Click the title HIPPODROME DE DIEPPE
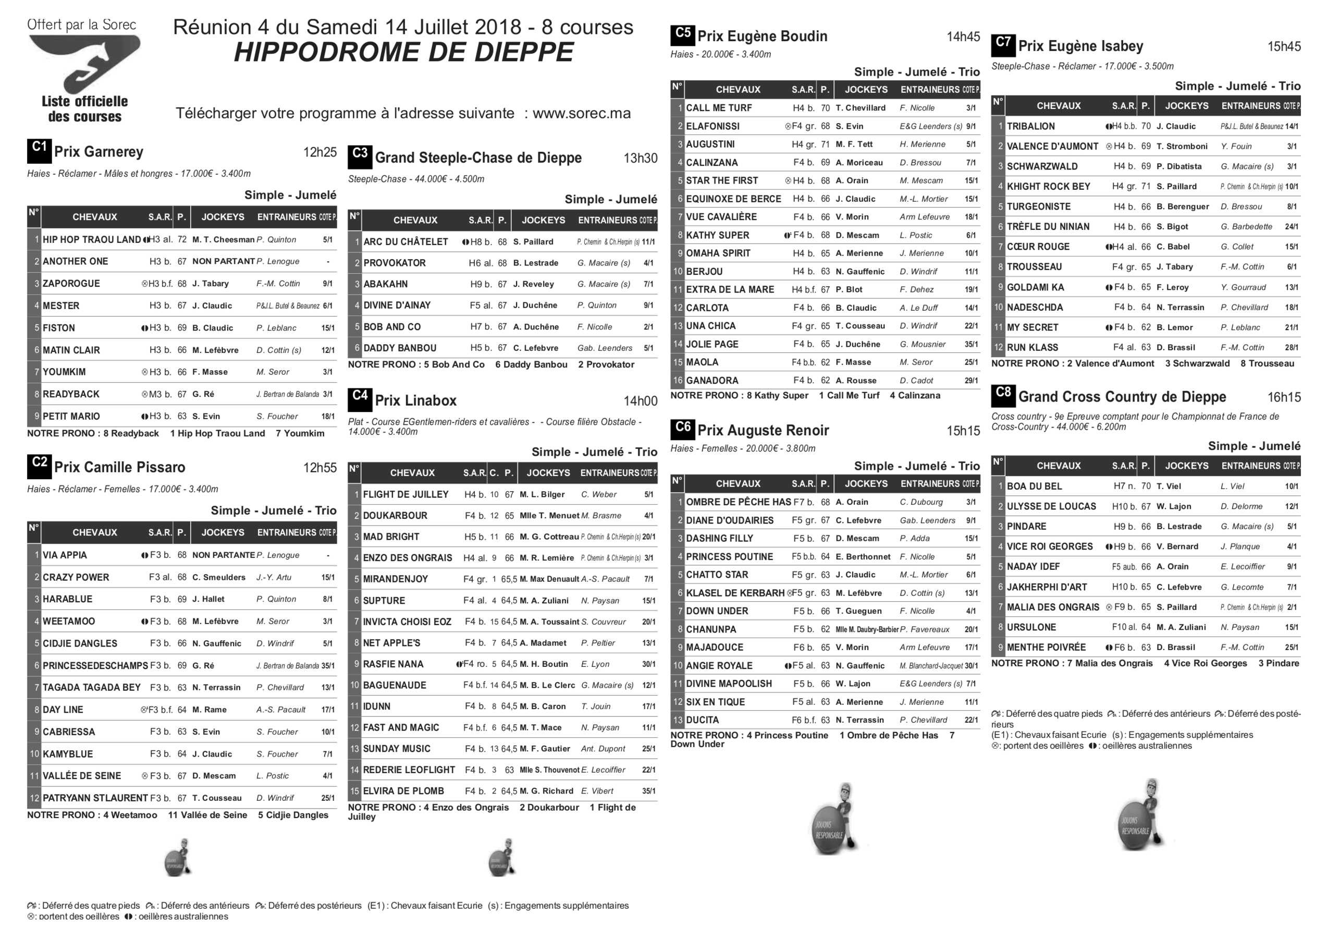click(x=403, y=53)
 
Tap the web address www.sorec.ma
click(x=581, y=113)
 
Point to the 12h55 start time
click(x=320, y=468)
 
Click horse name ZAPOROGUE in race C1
click(x=71, y=284)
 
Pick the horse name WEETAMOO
click(x=69, y=621)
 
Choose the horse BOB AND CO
click(x=392, y=327)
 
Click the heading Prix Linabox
click(x=415, y=400)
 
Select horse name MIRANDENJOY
click(x=396, y=579)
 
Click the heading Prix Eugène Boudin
click(x=762, y=36)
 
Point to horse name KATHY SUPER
click(x=717, y=236)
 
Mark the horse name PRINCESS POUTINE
click(x=729, y=557)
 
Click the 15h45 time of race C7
click(x=1284, y=46)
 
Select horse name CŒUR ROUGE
click(x=1034, y=247)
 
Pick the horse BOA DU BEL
click(x=1034, y=486)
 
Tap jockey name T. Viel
click(x=1169, y=486)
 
